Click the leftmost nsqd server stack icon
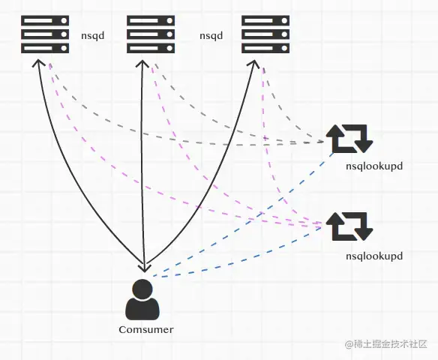coord(45,34)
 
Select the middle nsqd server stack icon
coord(151,34)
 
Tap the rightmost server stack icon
coord(265,34)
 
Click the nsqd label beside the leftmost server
coord(93,36)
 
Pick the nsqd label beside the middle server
coord(211,36)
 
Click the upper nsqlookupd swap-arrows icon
coord(349,139)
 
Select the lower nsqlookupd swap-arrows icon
coord(349,226)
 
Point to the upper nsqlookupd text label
coord(374,166)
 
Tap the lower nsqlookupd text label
coord(374,256)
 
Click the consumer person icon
coord(142,300)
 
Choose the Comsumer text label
coord(146,329)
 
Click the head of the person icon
coord(142,290)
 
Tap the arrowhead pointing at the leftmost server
coord(38,62)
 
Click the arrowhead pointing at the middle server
coord(142,63)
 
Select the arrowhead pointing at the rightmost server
coord(253,63)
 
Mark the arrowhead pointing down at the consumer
coord(145,268)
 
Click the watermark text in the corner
coord(386,344)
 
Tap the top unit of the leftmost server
coord(45,21)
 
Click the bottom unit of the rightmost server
coord(265,48)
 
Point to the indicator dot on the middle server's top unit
coord(169,21)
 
